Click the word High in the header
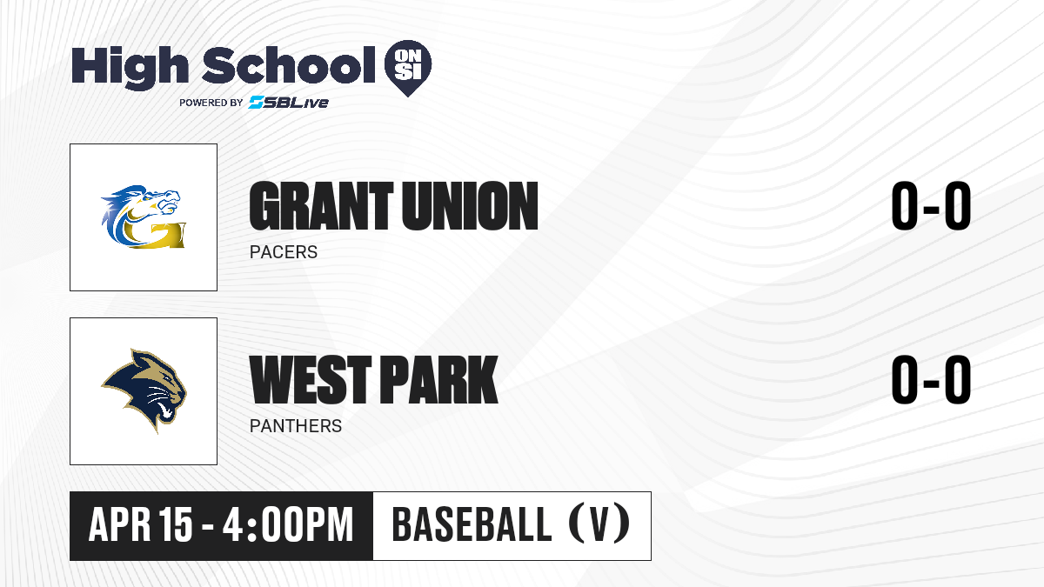pos(130,68)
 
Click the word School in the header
pos(289,65)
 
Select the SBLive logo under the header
pos(289,103)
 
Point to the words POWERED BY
pos(211,103)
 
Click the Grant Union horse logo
pos(143,217)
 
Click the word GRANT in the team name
pos(322,206)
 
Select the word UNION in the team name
pos(471,206)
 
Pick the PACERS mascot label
pos(284,252)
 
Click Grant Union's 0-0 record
pos(931,206)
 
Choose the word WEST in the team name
pos(311,380)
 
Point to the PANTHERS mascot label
pos(296,426)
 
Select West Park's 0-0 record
pos(931,380)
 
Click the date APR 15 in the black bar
pos(140,525)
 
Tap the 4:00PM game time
pos(288,525)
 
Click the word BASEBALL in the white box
pos(472,525)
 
